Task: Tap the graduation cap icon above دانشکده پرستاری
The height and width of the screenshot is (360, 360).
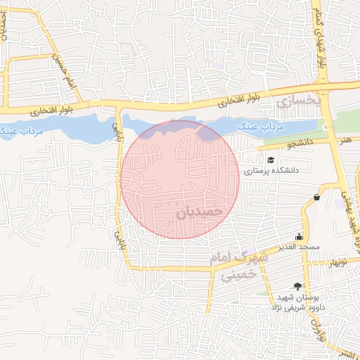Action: [271, 160]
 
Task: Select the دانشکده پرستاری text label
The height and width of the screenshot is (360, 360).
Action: [271, 171]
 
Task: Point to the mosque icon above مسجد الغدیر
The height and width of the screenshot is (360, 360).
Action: [300, 236]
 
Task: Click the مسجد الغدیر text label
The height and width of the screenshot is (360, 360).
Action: [299, 247]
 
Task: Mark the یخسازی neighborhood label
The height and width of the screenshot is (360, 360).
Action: [297, 102]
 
